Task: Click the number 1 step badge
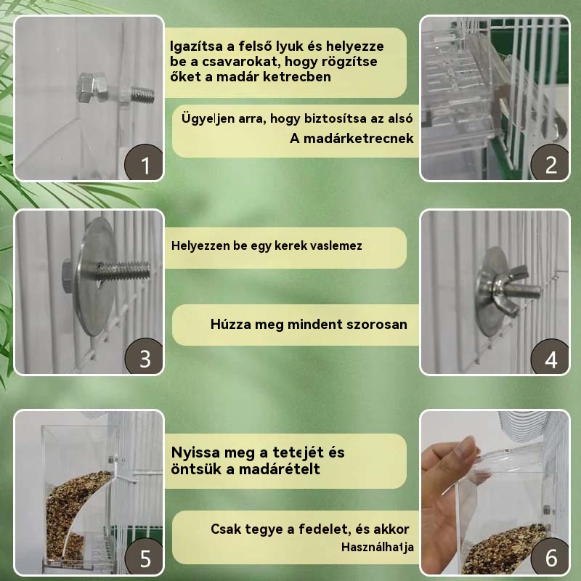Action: (144, 162)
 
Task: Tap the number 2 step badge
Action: (550, 162)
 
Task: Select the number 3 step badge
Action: (144, 356)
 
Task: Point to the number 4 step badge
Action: (550, 356)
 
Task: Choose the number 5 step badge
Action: (144, 556)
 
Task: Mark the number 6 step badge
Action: (550, 556)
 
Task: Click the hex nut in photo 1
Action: (92, 88)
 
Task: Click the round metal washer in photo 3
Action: (95, 276)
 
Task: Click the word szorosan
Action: (376, 324)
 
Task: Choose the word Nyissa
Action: (194, 452)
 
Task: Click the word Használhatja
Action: (378, 547)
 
